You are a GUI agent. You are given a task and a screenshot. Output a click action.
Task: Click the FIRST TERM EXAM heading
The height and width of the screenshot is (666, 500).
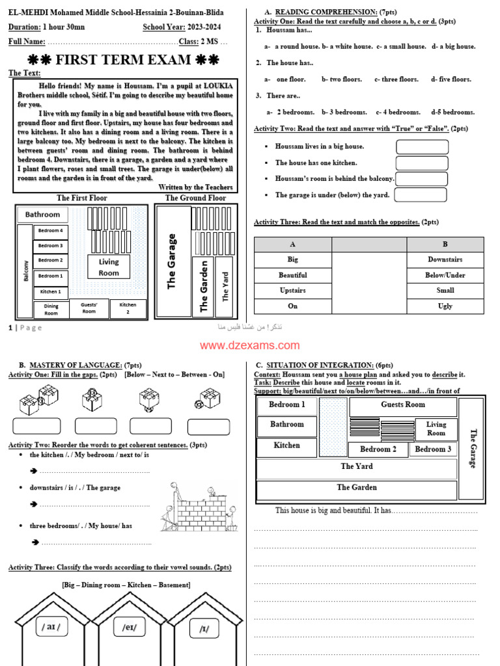(123, 60)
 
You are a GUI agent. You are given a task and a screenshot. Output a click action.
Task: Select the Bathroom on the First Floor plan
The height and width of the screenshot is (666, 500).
(42, 215)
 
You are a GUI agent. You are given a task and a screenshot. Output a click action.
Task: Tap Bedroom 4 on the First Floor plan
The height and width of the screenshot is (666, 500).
(50, 231)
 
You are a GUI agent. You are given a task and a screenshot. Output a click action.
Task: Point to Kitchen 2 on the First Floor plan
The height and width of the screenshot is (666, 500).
(128, 308)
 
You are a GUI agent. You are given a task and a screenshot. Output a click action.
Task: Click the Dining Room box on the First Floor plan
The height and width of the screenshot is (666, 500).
(51, 310)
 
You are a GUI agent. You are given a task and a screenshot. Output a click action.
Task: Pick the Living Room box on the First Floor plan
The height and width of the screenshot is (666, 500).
(109, 267)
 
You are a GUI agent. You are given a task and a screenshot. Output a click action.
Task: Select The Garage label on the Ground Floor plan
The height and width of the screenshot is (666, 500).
(172, 261)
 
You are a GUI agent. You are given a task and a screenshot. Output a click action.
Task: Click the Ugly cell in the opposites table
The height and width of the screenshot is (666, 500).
(445, 306)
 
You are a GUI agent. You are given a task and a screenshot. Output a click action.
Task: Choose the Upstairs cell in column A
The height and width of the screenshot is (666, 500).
(293, 291)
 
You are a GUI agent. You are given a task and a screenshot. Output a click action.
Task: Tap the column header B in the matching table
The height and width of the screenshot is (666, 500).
(445, 245)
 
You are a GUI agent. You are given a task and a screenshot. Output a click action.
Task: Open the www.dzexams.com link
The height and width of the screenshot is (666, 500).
(250, 346)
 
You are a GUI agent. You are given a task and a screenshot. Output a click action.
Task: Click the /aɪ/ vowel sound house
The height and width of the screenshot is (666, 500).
(53, 628)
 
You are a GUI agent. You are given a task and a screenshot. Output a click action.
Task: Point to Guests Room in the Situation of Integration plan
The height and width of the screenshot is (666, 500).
(402, 405)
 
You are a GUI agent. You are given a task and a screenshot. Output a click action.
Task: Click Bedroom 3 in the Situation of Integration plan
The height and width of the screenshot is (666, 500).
(433, 449)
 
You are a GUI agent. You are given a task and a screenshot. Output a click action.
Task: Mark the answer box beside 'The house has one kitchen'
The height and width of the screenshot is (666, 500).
(422, 163)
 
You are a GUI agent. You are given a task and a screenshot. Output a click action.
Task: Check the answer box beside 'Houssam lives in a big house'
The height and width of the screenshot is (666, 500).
(422, 147)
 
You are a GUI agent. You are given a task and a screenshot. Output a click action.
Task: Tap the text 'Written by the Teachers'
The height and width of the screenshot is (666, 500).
(195, 187)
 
